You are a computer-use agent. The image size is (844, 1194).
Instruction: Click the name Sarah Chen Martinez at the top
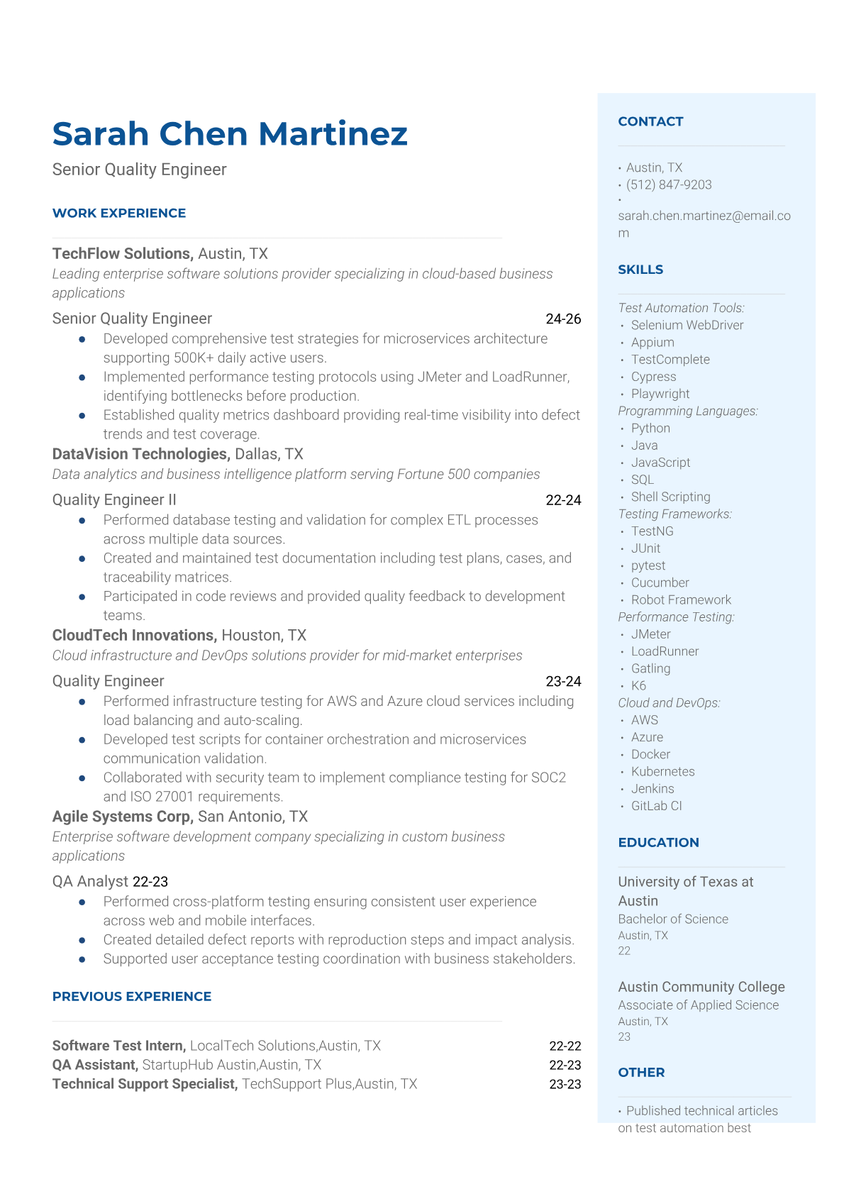click(230, 134)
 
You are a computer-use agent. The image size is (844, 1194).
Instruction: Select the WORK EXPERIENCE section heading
click(119, 213)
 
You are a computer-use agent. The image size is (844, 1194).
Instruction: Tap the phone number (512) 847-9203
click(669, 184)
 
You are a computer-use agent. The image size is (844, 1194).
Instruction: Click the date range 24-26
click(563, 319)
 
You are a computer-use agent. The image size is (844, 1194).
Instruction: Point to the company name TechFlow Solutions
click(122, 254)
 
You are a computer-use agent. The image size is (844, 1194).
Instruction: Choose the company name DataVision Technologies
click(141, 454)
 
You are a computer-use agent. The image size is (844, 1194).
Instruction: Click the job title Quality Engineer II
click(114, 500)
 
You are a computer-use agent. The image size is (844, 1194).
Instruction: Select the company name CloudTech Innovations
click(134, 636)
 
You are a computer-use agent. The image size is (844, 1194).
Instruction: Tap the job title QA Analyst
click(90, 881)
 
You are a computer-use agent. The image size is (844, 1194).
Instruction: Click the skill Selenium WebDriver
click(687, 325)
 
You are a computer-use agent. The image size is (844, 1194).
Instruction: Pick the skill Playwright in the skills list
click(660, 394)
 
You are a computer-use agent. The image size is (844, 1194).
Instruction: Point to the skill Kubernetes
click(662, 771)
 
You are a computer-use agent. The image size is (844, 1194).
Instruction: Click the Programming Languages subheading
click(688, 411)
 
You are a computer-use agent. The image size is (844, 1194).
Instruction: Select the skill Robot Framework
click(681, 599)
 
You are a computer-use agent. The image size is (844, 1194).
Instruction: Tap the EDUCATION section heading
click(658, 842)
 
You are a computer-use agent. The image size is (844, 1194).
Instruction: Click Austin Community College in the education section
click(701, 987)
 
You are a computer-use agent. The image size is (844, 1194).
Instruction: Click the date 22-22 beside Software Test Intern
click(565, 1046)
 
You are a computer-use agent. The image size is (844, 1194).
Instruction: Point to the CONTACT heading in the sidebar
click(650, 121)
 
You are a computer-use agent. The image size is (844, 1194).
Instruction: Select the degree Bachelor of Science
click(673, 919)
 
